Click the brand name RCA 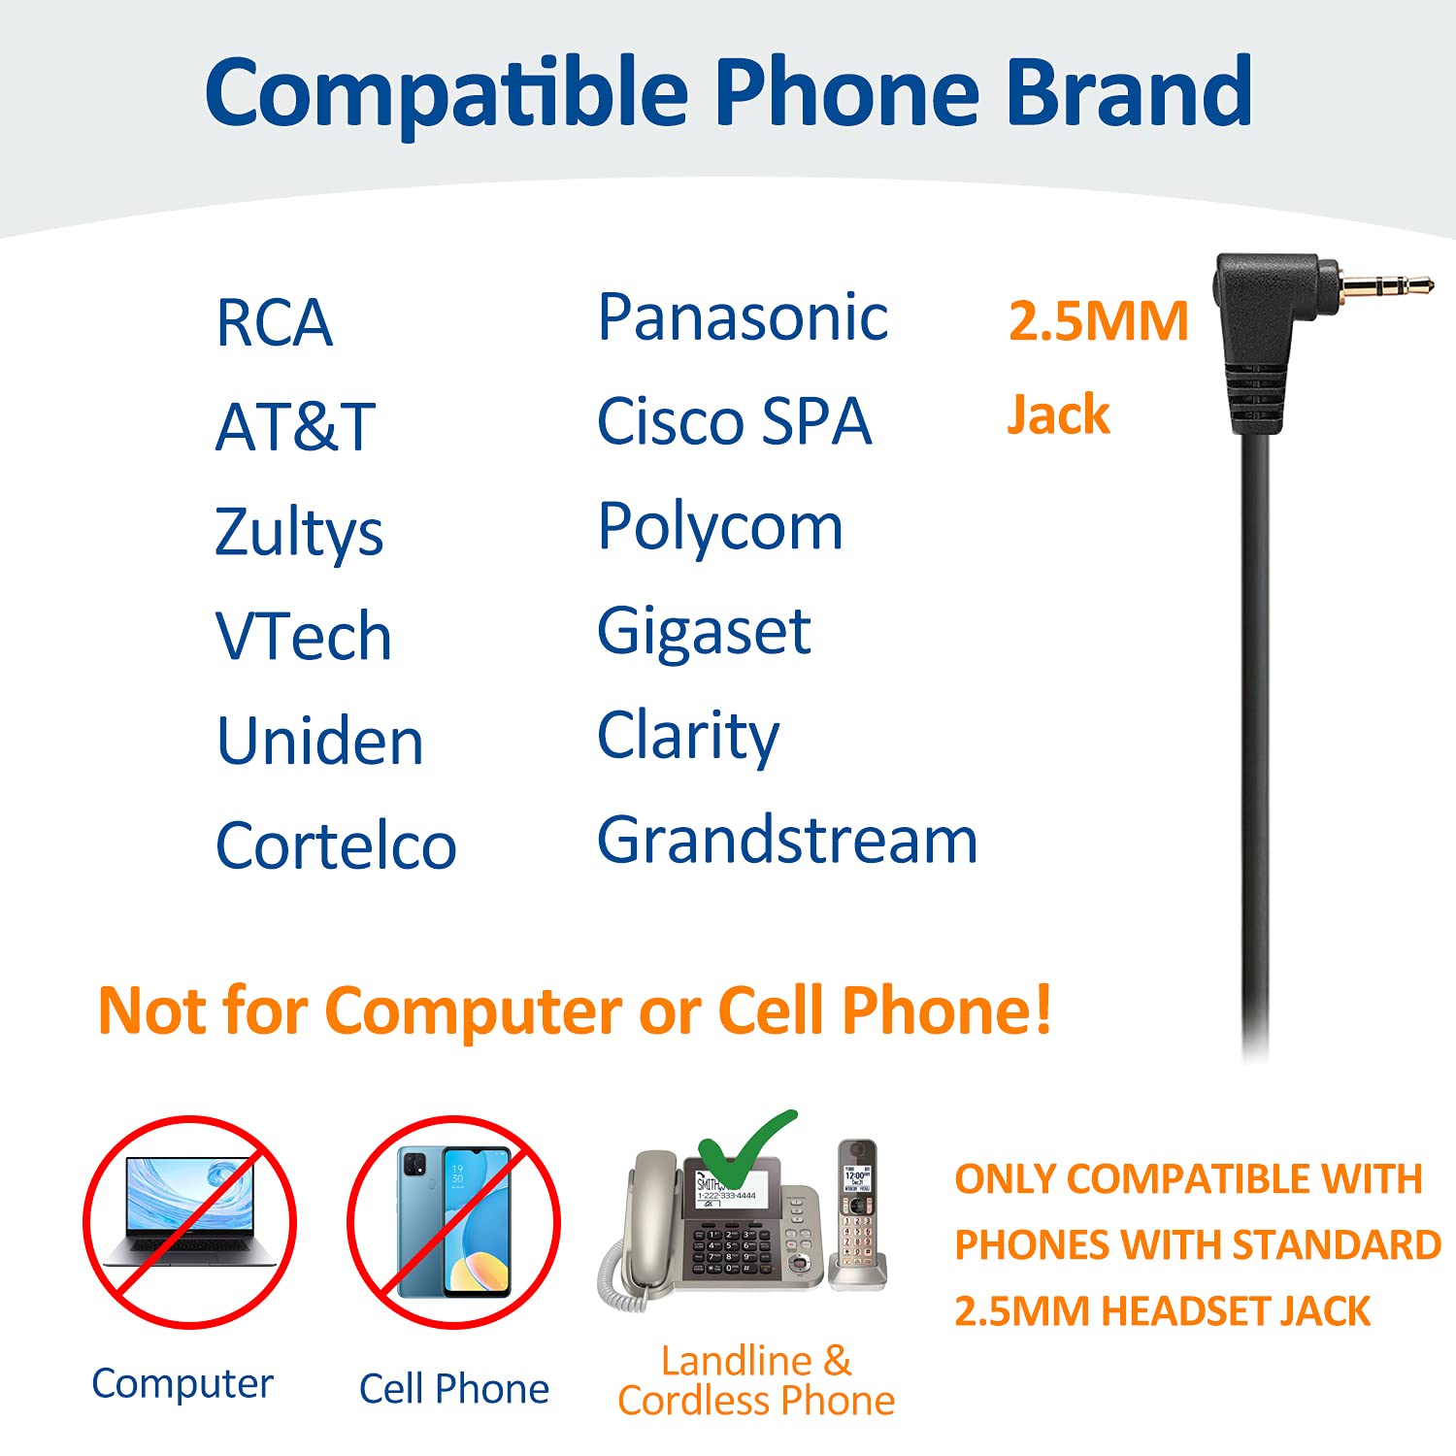coord(274,322)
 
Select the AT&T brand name coord(295,427)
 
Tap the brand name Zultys coord(299,532)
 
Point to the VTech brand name coord(303,637)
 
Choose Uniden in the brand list coord(319,742)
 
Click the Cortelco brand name coord(336,845)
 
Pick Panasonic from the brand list coord(743,317)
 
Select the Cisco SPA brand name coord(734,422)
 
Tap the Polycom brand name coord(720,527)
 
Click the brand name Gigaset coord(704,632)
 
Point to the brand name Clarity coord(688,736)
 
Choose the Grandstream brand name coord(787,840)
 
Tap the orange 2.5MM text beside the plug coord(1098,321)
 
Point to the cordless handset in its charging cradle coord(857,1213)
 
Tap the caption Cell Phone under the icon coord(453,1389)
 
